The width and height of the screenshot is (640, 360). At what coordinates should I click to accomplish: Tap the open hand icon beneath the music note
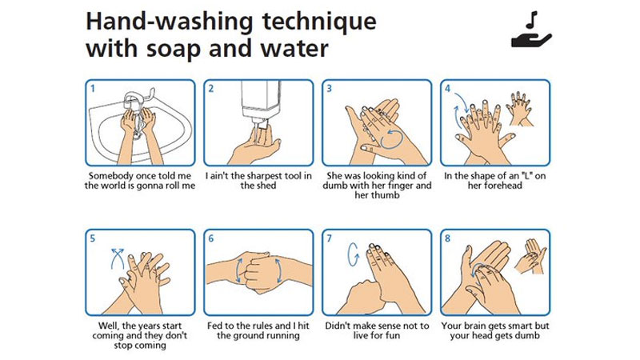point(531,38)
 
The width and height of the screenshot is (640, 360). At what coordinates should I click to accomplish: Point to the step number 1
point(93,88)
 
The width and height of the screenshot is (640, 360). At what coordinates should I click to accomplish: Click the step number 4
point(448,88)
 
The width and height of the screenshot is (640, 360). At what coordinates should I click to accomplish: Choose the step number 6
point(211,238)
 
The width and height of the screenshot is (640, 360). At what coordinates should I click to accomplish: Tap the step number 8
point(448,238)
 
